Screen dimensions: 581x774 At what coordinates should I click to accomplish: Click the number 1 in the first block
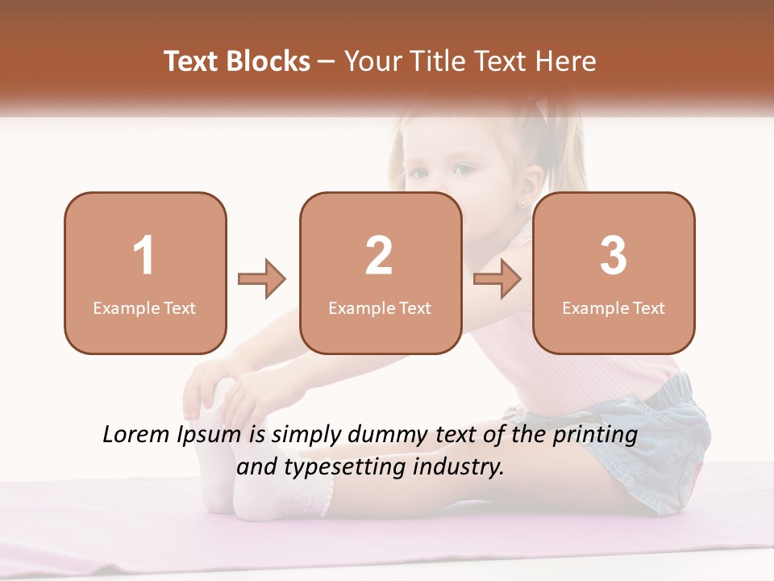coord(144,256)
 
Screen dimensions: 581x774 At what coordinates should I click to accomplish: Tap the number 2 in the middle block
coord(379,256)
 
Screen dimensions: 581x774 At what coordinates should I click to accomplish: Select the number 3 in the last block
coord(614,256)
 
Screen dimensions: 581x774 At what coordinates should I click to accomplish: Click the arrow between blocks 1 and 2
coord(262,280)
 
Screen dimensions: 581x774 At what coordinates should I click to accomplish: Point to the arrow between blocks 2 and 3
coord(497,280)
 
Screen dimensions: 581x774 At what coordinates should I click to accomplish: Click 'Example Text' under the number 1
coord(144,308)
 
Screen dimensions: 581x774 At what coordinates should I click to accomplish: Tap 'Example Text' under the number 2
coord(380,308)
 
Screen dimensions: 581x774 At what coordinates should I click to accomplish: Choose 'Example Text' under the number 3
coord(614,308)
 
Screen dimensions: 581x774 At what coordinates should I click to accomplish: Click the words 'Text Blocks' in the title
coord(237,61)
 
